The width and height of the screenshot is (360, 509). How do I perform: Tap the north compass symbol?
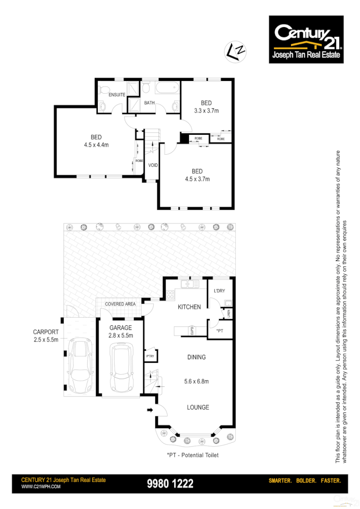pos(235,51)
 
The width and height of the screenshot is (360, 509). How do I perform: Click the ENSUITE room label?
pos(117,95)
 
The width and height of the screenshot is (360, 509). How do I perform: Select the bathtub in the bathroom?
pos(168,90)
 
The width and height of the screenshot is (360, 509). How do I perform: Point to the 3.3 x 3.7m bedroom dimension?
pos(206,110)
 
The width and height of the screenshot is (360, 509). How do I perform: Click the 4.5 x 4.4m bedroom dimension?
pos(96,145)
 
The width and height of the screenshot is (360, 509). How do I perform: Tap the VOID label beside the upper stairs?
pos(153,165)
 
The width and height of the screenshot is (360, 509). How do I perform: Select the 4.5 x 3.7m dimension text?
pos(198,179)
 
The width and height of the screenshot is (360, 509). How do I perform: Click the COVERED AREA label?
pos(120,304)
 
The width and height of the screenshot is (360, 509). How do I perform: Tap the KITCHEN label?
pos(189,307)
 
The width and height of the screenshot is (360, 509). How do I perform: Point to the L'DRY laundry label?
pos(220,291)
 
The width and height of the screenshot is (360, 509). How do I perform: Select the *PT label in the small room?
pos(219,331)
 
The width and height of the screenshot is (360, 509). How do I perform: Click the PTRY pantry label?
pos(150,356)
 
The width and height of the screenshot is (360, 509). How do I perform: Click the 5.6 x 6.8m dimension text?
pos(196,381)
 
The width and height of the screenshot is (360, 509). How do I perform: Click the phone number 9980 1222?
pos(170,484)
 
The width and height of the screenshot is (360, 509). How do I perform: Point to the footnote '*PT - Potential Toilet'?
pos(192,455)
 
